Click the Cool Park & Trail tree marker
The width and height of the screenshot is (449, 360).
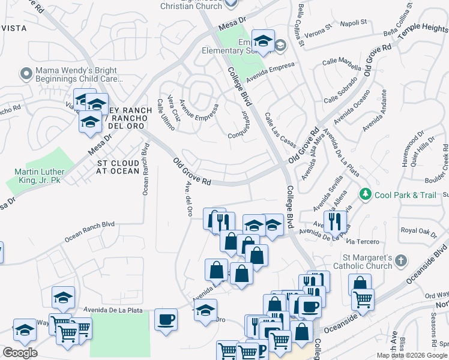coord(365,194)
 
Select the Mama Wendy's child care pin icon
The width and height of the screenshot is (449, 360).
coord(26,74)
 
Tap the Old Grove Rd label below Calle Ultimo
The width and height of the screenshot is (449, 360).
coord(192,172)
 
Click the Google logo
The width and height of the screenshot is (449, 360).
coord(20,353)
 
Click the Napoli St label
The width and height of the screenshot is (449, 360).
coord(354,22)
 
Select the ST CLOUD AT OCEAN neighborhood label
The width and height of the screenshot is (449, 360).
coord(118,167)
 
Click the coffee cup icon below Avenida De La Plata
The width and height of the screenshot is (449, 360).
coord(166,319)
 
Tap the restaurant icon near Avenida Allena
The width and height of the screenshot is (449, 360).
coord(333,221)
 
